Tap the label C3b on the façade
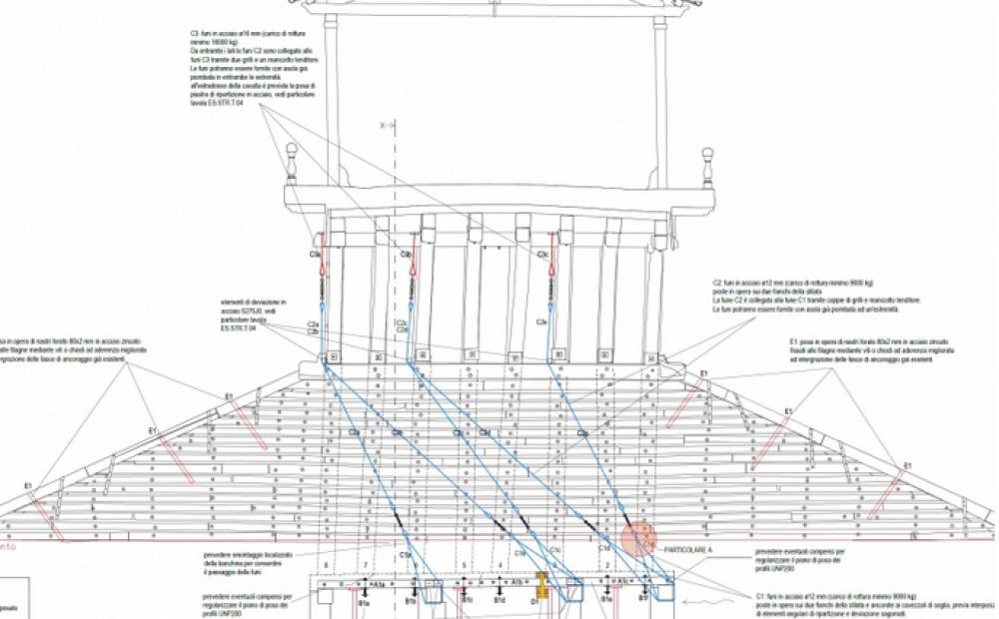coord(407,256)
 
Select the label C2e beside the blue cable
coord(540,321)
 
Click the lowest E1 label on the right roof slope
coord(908,467)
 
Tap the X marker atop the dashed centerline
coord(383,127)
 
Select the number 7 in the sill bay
coord(366,565)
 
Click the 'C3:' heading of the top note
coord(196,34)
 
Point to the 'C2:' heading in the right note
coord(717,283)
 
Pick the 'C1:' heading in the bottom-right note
coord(761,595)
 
